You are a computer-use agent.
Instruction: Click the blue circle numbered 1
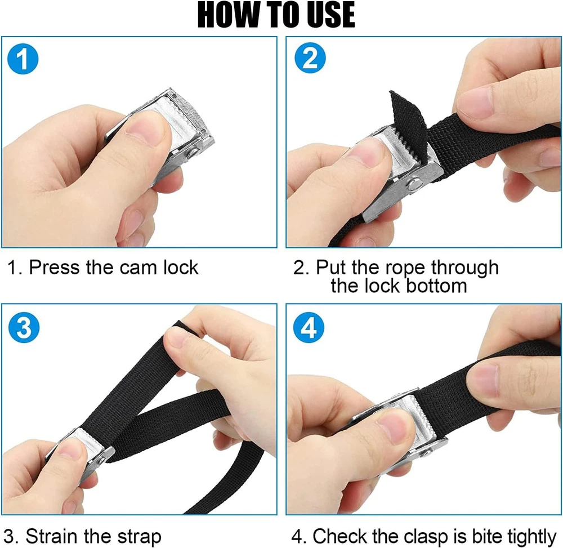click(23, 59)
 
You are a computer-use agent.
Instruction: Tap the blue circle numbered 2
click(310, 58)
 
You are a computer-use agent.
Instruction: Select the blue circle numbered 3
click(24, 327)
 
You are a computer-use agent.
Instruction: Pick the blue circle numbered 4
click(309, 328)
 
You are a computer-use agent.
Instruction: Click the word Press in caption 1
click(54, 268)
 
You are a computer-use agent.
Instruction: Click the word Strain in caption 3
click(52, 537)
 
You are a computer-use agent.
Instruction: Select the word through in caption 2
click(464, 269)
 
